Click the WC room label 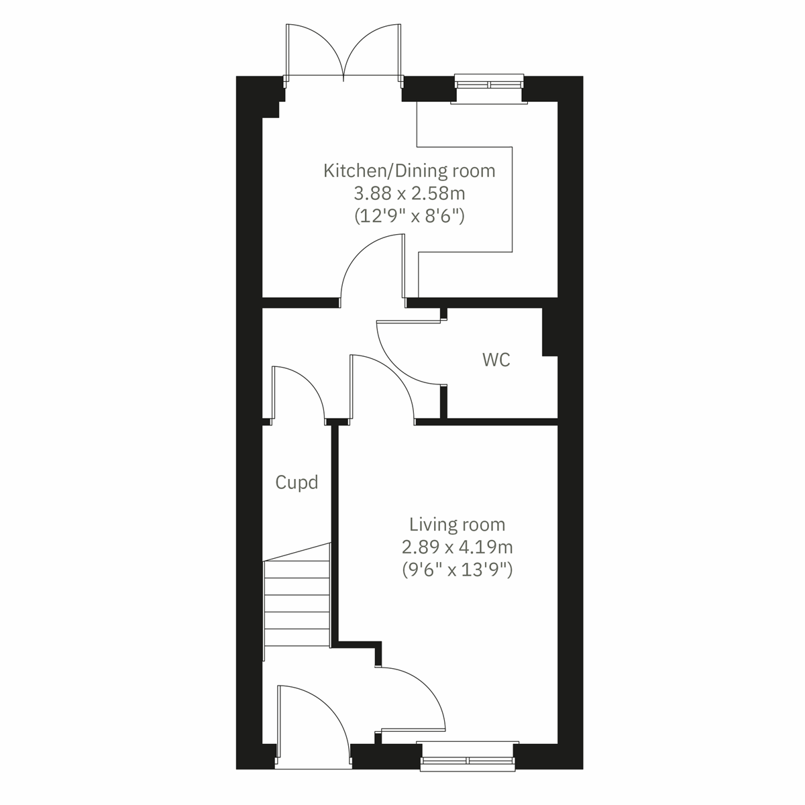coord(496,360)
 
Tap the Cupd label coord(296,482)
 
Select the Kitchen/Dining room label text coord(409,170)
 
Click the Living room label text coord(458,524)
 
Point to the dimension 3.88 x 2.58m coord(409,194)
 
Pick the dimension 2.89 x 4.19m coord(458,547)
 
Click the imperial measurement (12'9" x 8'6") coord(409,217)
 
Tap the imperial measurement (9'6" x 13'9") coord(458,570)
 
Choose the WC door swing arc coord(402,352)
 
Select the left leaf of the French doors coord(315,50)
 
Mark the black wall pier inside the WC coord(549,331)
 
